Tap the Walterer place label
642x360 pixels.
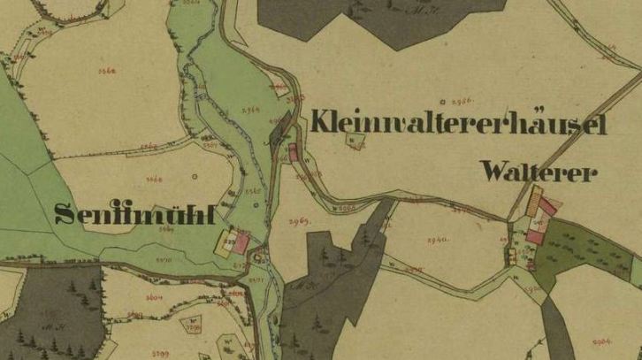535,172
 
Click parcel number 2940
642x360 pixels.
437,239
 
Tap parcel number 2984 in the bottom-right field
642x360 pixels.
604,340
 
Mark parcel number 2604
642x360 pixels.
155,298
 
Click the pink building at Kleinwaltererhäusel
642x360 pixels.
294,153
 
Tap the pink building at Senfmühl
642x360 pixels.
242,239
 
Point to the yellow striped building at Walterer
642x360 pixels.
535,202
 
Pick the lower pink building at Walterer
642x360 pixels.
536,237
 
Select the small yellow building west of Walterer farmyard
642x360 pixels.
510,257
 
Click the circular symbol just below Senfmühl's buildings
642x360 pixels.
256,258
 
